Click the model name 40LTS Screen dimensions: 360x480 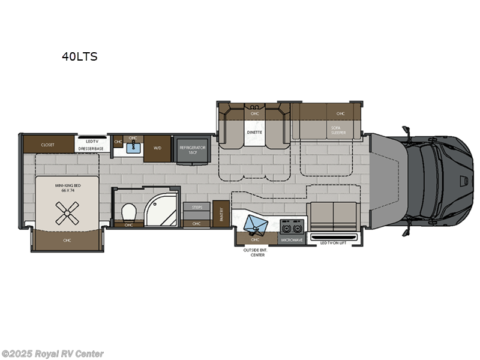coord(79,57)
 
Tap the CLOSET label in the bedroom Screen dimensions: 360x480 coord(48,145)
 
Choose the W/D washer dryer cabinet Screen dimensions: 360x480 coord(158,146)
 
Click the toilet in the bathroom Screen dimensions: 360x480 coord(128,212)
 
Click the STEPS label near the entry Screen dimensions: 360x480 coord(197,207)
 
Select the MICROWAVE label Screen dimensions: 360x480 coord(292,239)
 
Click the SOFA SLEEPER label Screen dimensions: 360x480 coord(338,130)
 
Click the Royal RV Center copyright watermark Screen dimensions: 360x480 coord(53,354)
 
